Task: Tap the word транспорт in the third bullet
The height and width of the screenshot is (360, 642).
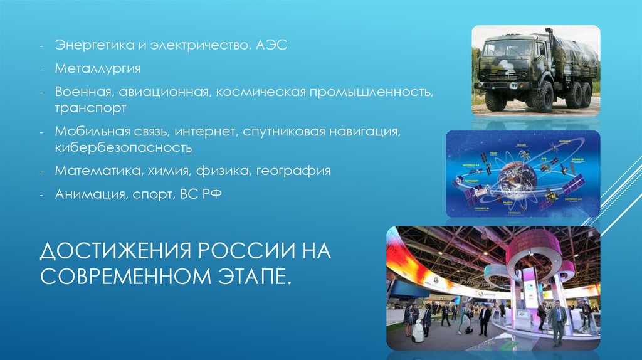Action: point(91,109)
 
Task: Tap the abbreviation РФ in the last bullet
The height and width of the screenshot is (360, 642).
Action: point(211,195)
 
